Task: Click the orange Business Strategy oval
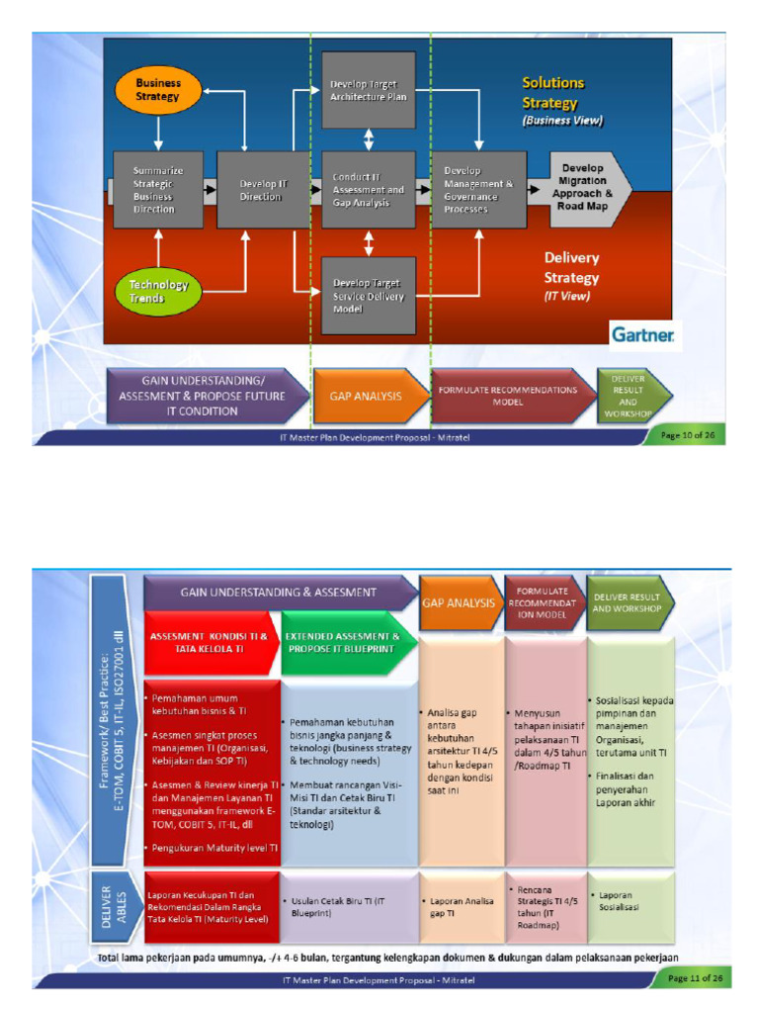(158, 90)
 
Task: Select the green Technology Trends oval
(158, 291)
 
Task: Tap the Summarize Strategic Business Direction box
(153, 190)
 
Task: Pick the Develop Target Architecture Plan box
(369, 91)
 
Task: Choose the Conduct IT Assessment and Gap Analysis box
(369, 190)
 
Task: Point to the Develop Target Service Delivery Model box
(369, 295)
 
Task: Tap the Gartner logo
(642, 336)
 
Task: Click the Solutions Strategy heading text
(553, 93)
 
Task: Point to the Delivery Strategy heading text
(571, 268)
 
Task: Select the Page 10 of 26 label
(684, 435)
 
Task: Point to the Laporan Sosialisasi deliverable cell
(630, 902)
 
